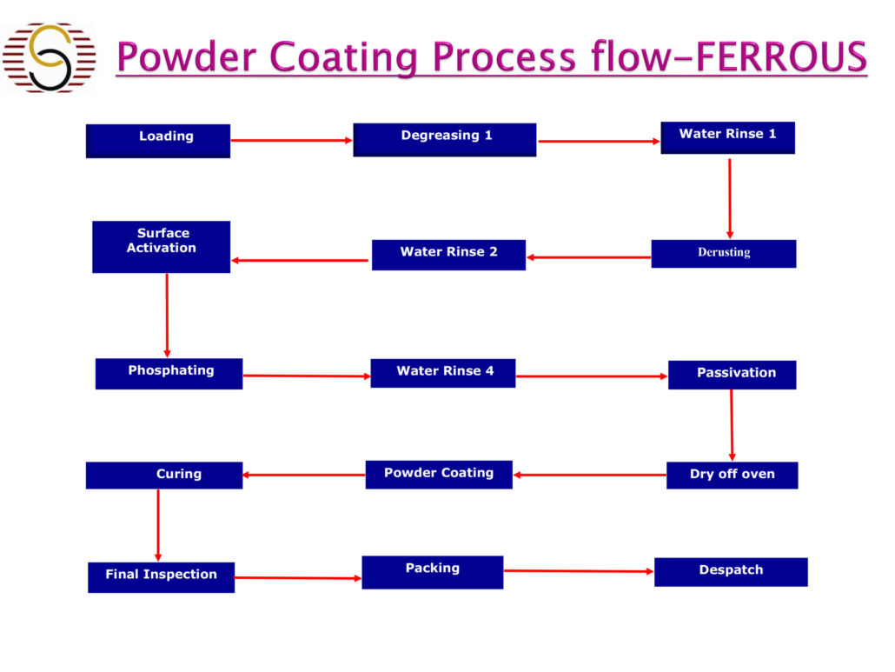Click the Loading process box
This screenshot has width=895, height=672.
tap(158, 141)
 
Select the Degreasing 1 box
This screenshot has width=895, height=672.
tap(445, 140)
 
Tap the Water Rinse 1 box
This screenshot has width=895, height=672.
tap(728, 137)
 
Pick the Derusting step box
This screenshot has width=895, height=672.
tap(724, 254)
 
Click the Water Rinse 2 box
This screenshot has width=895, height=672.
tap(448, 255)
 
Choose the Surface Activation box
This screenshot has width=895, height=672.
tap(162, 247)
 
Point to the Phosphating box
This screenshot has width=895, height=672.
tap(169, 374)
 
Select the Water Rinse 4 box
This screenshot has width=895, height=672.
tap(443, 374)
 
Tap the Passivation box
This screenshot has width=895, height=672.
tap(733, 375)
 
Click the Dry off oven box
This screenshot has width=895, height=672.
tap(733, 475)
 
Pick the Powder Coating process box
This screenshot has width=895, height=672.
tap(439, 475)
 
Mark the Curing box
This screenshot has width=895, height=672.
tap(164, 476)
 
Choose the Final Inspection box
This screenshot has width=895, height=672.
tap(161, 577)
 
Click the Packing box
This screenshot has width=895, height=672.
tap(433, 572)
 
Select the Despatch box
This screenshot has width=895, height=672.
tap(731, 572)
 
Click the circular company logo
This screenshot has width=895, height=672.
tap(50, 57)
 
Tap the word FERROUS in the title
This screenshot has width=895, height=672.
tap(781, 57)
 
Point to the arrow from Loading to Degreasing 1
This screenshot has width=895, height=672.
tap(292, 141)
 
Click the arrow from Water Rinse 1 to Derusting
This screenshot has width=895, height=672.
tap(730, 199)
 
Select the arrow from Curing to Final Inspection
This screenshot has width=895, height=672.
tap(158, 525)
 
